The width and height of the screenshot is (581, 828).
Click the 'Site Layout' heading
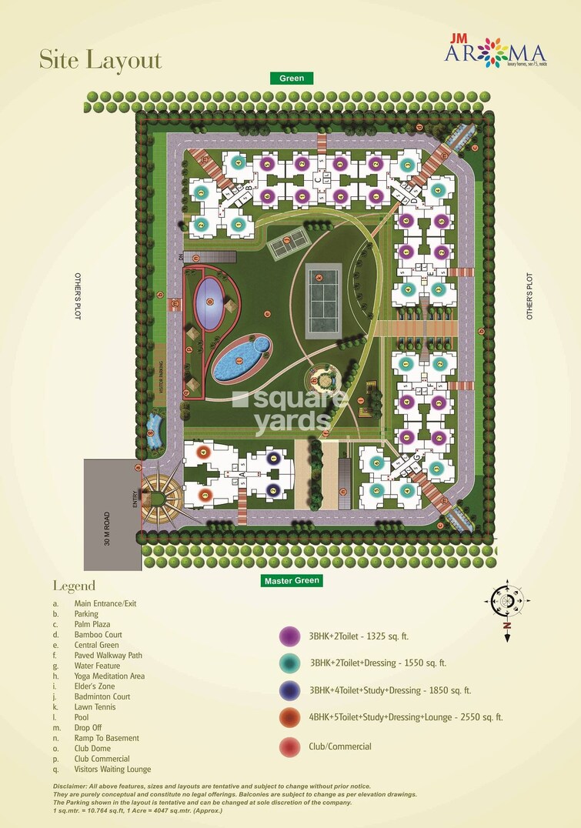(101, 60)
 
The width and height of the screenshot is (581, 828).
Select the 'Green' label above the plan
(292, 78)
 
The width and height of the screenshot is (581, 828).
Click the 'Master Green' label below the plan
(291, 580)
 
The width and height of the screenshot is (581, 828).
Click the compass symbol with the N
(507, 600)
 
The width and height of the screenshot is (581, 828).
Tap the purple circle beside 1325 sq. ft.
(289, 637)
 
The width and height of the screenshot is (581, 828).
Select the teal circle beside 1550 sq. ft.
(289, 663)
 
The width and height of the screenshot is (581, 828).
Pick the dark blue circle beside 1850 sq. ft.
(289, 690)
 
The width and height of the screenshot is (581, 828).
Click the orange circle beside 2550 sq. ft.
(289, 718)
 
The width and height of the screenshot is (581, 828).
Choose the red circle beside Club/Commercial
(289, 746)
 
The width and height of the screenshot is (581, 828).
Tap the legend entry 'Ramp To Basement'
(106, 738)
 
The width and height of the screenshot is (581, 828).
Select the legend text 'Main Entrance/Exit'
(105, 603)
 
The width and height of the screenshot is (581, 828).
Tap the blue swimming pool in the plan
(239, 358)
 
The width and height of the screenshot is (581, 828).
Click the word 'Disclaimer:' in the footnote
(75, 786)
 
